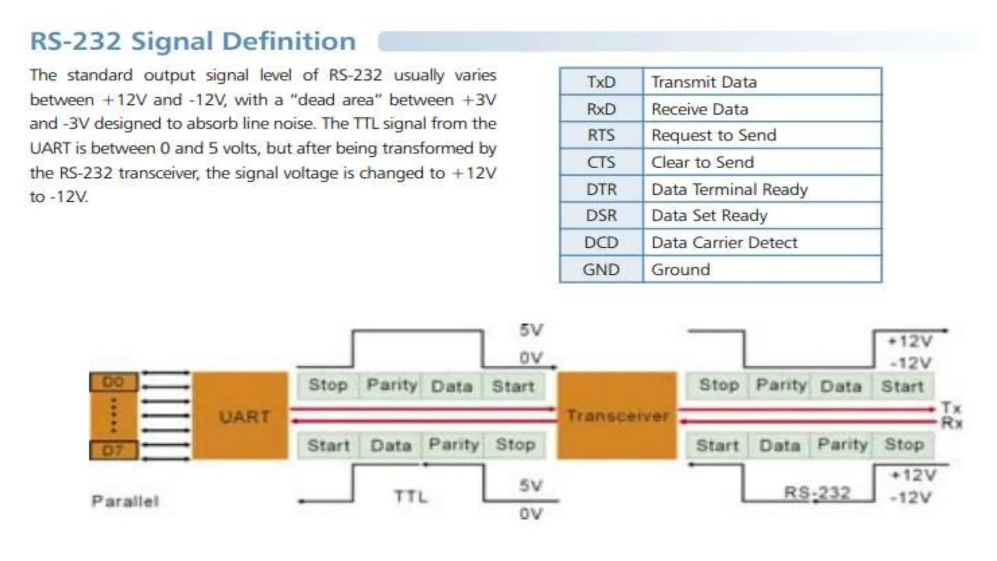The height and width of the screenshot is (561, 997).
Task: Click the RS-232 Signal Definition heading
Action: coord(193,41)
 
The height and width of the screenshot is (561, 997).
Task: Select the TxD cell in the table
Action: coord(601,82)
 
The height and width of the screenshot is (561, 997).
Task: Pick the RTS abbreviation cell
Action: coord(601,135)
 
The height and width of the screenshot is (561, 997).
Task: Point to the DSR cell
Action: coord(601,215)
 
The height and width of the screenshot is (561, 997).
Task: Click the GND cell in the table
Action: coord(601,269)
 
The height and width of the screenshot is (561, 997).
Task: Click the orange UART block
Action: coord(240,415)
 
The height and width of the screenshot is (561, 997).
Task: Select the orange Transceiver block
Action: coord(617,415)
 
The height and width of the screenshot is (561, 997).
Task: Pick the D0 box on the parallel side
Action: coord(114,382)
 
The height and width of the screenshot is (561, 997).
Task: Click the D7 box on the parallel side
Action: coord(114,450)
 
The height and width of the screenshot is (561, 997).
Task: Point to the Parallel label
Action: coord(125,501)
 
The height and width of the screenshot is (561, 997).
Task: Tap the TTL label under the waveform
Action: coord(410,497)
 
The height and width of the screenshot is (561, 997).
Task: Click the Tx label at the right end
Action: coord(951,408)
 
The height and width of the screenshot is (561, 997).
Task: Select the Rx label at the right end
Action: coord(951,423)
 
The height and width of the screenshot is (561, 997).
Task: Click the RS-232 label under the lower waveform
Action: coord(817,493)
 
